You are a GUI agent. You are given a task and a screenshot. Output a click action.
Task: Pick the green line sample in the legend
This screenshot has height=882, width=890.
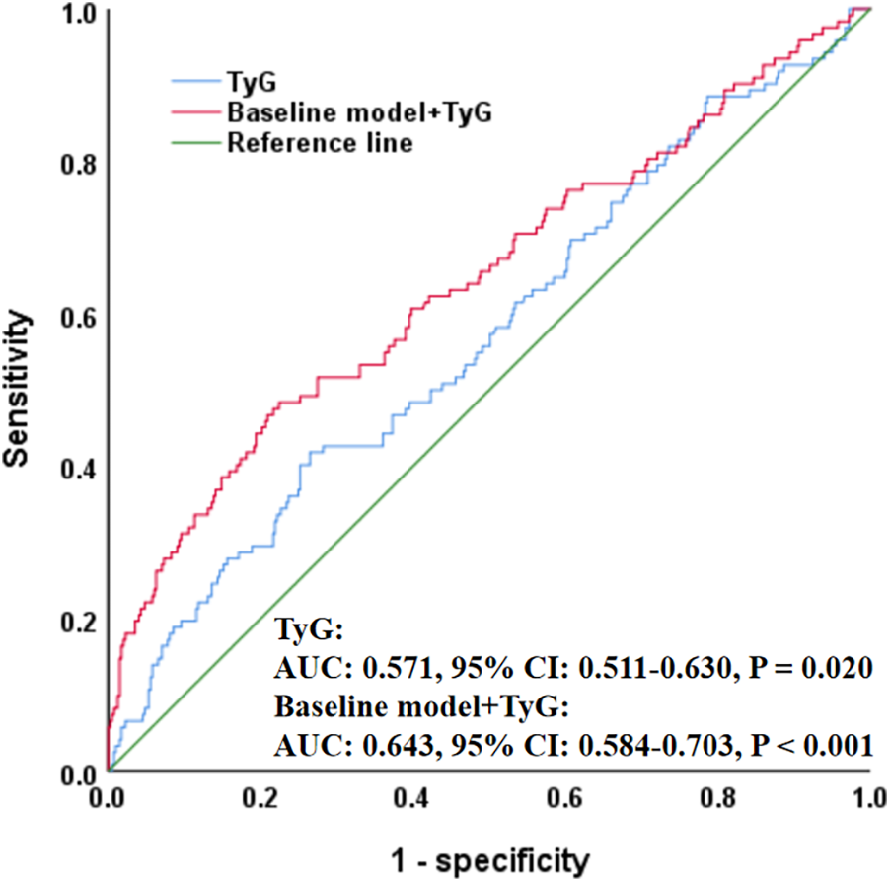(195, 142)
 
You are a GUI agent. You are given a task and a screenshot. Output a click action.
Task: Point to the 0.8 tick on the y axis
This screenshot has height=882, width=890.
(77, 165)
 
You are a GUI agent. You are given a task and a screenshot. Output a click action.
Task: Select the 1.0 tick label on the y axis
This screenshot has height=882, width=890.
(77, 13)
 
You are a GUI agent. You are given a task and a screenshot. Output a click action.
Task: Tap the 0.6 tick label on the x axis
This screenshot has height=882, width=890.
(565, 795)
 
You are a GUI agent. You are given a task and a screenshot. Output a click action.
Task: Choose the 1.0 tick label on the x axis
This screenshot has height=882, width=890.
(867, 795)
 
